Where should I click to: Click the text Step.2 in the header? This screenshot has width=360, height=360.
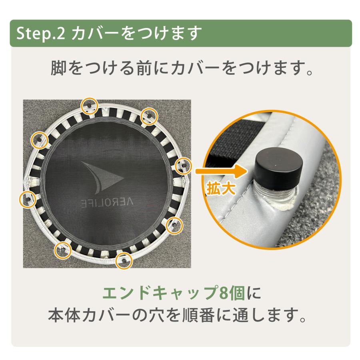click(x=41, y=34)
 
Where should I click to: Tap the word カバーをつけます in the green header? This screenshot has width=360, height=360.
click(x=136, y=33)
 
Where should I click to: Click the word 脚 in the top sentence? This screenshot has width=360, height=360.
click(x=58, y=68)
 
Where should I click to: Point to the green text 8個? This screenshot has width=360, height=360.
click(x=232, y=293)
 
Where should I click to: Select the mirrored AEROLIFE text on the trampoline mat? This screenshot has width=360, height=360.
click(x=107, y=202)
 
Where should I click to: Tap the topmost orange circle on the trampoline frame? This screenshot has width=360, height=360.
click(x=90, y=106)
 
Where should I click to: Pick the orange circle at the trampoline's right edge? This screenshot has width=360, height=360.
click(x=183, y=166)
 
